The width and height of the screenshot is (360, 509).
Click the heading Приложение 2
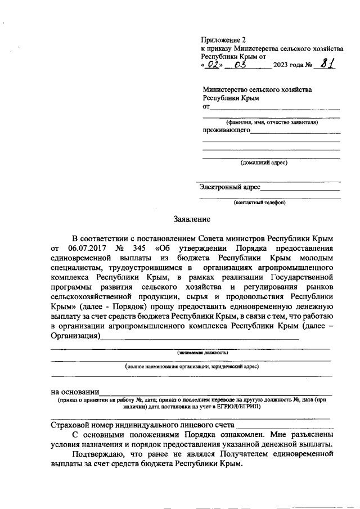click(224, 40)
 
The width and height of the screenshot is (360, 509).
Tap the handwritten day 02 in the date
click(213, 66)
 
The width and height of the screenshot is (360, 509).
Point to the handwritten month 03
click(242, 66)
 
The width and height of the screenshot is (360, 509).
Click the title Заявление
click(191, 219)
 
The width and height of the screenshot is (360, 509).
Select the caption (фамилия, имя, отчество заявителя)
click(272, 122)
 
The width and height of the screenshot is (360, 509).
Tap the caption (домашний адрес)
click(264, 163)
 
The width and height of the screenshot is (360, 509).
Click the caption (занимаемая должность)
click(201, 353)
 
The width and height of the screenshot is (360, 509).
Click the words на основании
click(75, 391)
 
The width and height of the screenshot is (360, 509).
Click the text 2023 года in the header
click(288, 66)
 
